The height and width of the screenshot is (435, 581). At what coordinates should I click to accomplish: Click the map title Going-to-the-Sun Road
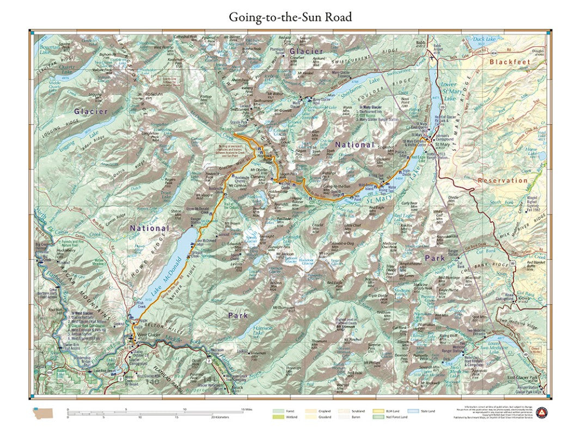290,17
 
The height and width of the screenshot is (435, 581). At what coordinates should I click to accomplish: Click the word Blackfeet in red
509,62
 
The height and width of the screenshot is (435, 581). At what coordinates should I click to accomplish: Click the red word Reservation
503,180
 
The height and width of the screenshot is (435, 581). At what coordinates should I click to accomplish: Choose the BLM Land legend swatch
377,411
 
